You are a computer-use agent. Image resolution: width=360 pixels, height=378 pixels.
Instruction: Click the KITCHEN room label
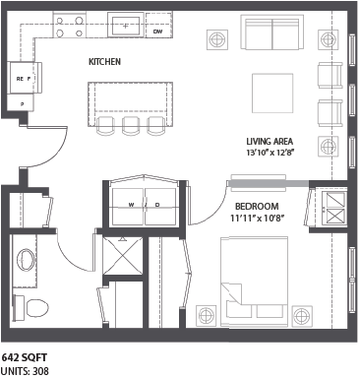[x=104, y=62]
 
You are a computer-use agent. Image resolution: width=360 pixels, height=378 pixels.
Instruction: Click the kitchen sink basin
[x=127, y=22]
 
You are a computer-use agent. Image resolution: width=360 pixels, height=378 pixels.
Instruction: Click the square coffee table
[x=269, y=94]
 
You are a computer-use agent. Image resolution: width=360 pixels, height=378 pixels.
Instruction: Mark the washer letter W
[x=130, y=205]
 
